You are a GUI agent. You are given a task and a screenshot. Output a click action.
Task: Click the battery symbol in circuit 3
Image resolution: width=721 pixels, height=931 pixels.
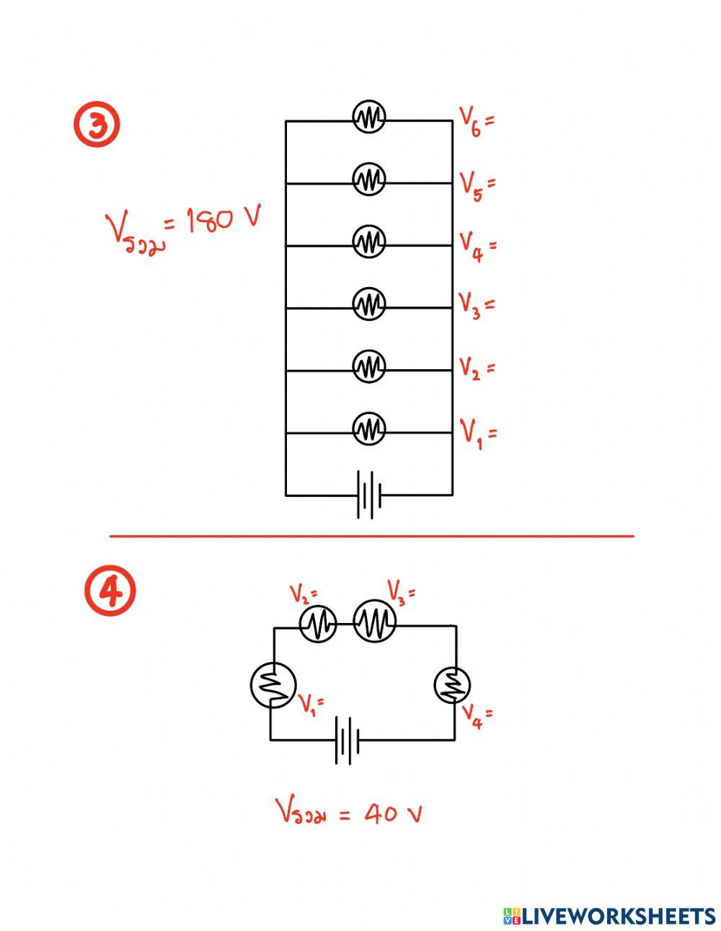pyautogui.click(x=369, y=495)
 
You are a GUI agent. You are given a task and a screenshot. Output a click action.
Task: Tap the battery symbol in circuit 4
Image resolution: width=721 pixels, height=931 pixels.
pyautogui.click(x=348, y=740)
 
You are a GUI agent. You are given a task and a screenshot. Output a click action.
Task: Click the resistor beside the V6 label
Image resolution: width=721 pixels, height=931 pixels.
pyautogui.click(x=368, y=117)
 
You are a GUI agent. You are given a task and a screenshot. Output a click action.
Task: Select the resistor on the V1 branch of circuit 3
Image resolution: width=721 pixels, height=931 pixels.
pyautogui.click(x=368, y=428)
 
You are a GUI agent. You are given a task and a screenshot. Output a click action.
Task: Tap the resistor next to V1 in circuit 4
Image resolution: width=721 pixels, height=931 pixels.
pyautogui.click(x=273, y=685)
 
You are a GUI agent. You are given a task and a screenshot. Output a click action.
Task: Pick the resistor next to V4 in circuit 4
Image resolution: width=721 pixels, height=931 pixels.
pyautogui.click(x=452, y=684)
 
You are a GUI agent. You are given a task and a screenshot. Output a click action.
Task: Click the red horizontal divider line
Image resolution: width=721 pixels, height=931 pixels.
pyautogui.click(x=371, y=536)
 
